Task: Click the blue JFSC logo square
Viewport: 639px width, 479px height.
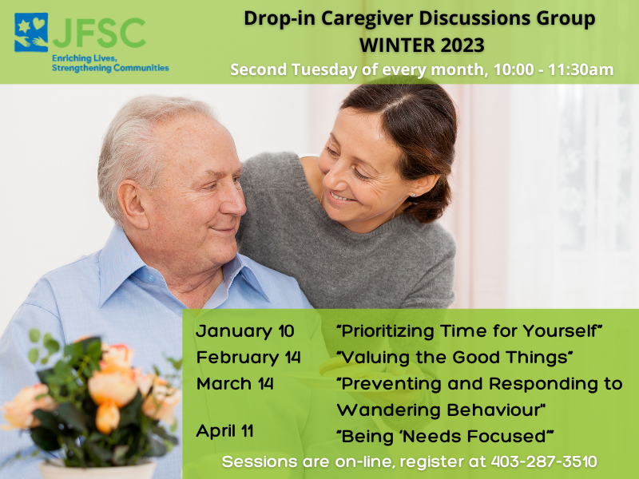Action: click(31, 33)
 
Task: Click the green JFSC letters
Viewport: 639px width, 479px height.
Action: click(99, 33)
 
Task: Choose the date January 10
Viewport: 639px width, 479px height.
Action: click(245, 331)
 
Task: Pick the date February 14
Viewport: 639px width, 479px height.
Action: click(248, 358)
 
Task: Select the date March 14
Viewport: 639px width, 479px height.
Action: click(235, 384)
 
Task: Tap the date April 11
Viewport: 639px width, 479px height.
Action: click(225, 431)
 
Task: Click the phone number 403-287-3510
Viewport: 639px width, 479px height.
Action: click(544, 461)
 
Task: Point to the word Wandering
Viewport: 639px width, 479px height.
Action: click(388, 410)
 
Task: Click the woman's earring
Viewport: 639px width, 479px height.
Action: click(414, 196)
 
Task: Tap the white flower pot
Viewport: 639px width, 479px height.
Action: click(97, 469)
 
